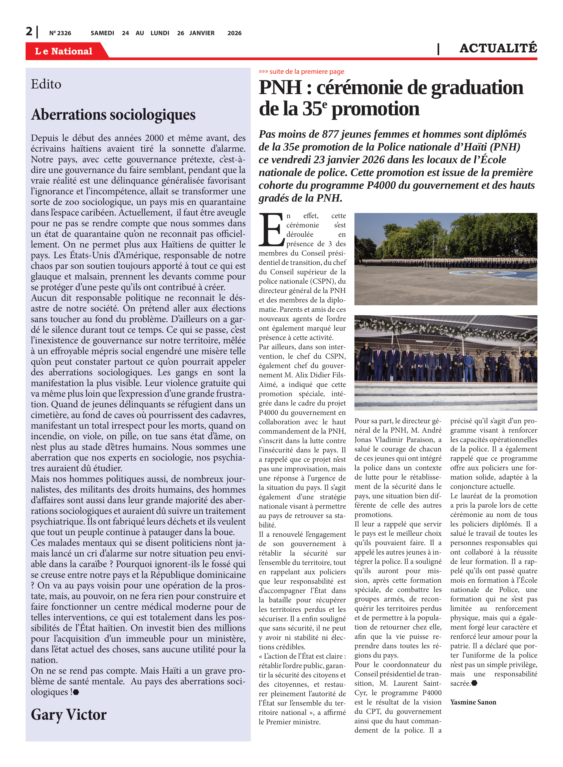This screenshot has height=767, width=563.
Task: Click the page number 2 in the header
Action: click(29, 31)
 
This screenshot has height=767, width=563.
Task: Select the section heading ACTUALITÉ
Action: click(498, 48)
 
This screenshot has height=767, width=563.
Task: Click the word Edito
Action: click(46, 84)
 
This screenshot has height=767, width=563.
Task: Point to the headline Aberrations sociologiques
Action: click(113, 115)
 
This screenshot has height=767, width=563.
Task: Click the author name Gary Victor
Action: click(69, 714)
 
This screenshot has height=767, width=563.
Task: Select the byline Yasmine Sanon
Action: click(473, 702)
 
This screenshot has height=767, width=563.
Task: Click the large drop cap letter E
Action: click(271, 230)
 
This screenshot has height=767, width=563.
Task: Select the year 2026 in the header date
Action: click(234, 33)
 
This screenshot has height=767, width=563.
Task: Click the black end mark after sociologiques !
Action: click(76, 692)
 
